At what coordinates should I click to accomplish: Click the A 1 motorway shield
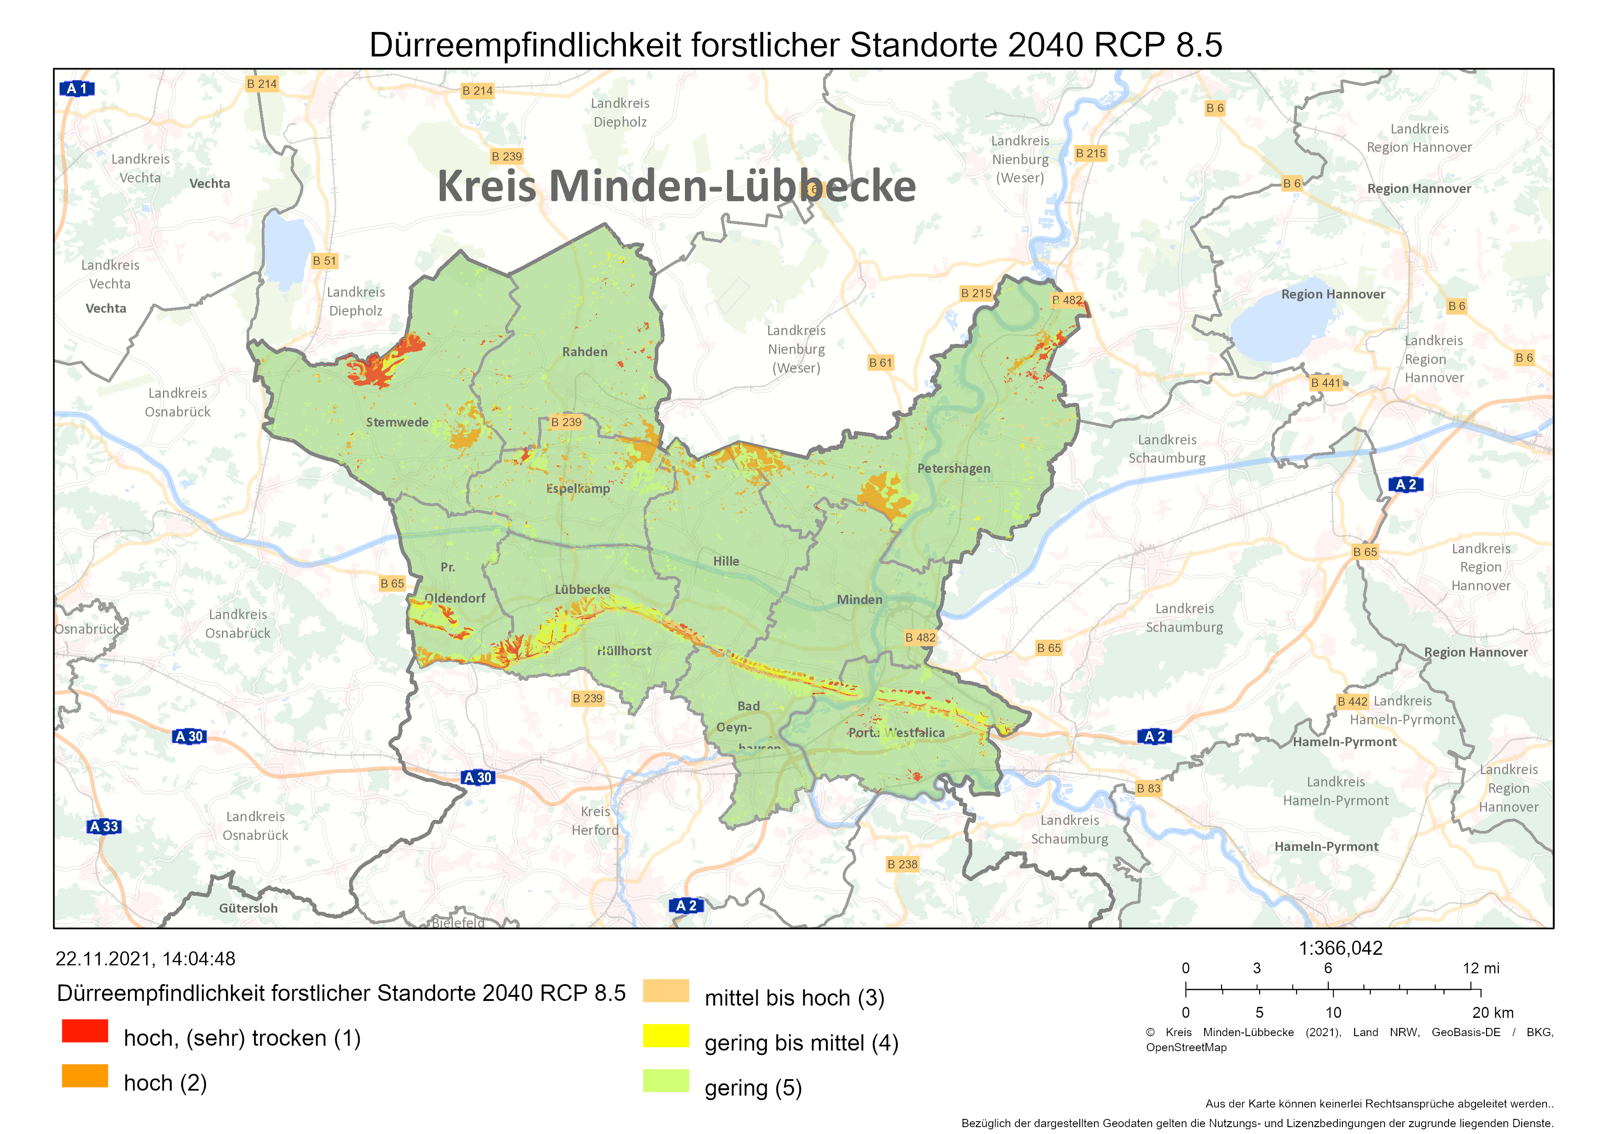click(77, 89)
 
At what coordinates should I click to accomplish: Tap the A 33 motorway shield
click(104, 827)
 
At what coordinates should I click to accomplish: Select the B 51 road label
click(324, 261)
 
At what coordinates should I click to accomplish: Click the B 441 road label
click(1325, 383)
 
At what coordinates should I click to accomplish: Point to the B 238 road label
click(902, 864)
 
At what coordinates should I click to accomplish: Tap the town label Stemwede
click(397, 423)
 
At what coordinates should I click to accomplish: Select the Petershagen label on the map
click(953, 469)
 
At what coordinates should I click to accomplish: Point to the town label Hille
click(726, 561)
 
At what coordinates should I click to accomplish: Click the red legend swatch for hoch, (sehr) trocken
click(85, 1031)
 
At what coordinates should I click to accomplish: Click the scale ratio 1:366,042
click(1340, 948)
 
